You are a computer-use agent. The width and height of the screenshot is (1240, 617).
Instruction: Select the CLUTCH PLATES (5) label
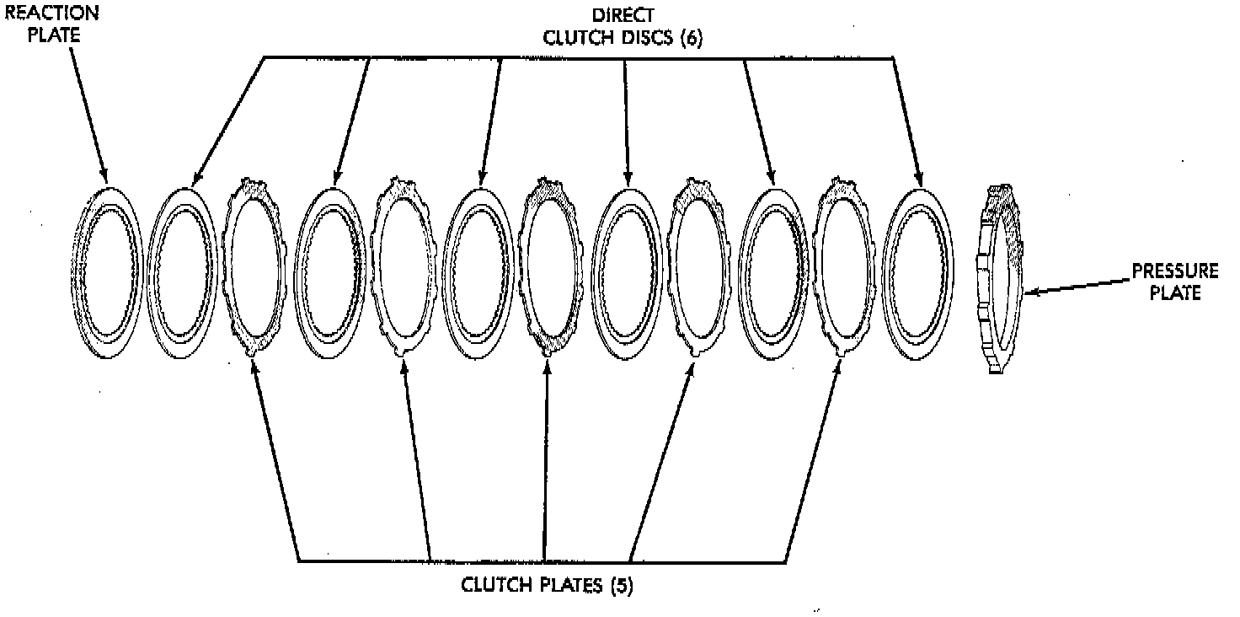(x=547, y=585)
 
